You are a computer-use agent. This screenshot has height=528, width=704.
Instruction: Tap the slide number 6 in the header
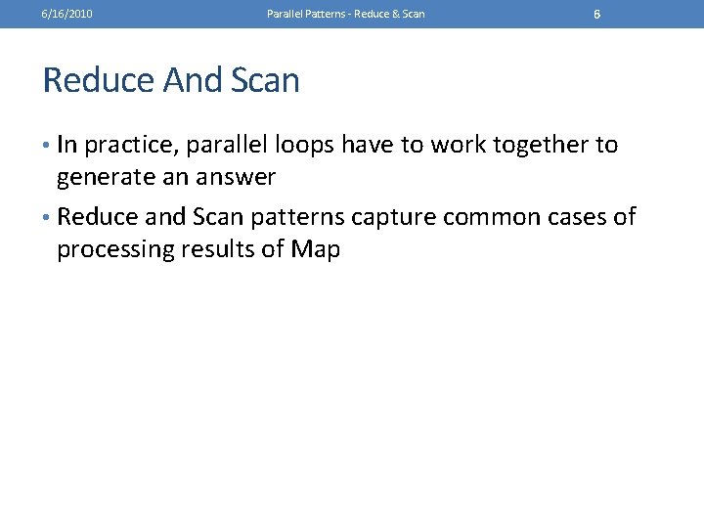click(596, 15)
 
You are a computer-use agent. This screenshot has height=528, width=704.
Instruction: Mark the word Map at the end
click(316, 249)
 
